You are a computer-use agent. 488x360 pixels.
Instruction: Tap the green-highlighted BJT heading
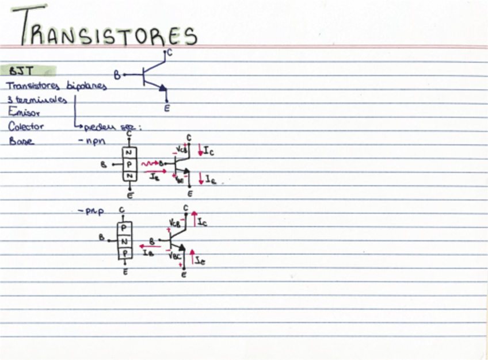click(x=22, y=71)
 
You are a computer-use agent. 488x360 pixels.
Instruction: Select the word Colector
click(x=26, y=127)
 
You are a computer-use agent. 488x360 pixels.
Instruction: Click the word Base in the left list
click(x=21, y=141)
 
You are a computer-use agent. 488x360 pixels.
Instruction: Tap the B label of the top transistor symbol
click(x=117, y=75)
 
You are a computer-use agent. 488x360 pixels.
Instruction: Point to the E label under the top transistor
click(x=167, y=107)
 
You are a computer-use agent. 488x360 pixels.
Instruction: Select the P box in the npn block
click(x=131, y=164)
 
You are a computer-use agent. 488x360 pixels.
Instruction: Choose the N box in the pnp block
click(x=124, y=240)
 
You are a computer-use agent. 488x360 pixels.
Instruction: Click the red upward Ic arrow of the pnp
click(x=195, y=220)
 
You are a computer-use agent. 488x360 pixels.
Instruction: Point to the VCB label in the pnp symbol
click(x=174, y=223)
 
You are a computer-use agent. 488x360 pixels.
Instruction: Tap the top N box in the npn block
click(x=131, y=152)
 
